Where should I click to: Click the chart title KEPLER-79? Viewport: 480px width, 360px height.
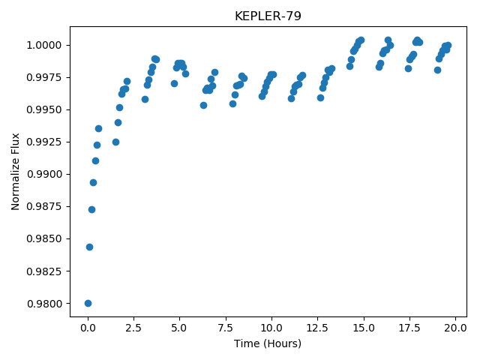point(268,16)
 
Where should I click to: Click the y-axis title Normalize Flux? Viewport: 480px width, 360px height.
point(15,172)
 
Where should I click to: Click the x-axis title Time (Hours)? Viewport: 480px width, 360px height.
point(268,343)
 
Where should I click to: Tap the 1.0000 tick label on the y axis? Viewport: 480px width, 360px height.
point(44,45)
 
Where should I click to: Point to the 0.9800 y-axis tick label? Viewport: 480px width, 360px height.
point(44,304)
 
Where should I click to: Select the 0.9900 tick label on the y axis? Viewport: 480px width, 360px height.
point(44,175)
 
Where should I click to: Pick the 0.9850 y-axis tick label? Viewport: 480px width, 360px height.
point(44,239)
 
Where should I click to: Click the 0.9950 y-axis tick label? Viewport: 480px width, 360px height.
point(44,110)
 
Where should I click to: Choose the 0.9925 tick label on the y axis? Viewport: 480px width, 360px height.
point(44,142)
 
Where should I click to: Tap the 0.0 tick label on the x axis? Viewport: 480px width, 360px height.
point(88,328)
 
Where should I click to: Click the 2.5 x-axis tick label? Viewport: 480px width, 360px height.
point(133,328)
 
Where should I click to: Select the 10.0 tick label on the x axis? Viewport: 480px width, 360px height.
point(271,328)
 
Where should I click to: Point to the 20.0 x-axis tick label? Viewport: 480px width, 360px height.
point(455,328)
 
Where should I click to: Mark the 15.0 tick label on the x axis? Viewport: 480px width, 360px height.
point(364,328)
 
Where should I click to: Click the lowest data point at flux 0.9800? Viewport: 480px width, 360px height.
point(88,303)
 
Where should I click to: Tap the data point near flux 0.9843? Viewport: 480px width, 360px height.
point(89,247)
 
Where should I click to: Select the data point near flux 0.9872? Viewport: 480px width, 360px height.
point(91,210)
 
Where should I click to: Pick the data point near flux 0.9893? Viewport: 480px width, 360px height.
point(93,183)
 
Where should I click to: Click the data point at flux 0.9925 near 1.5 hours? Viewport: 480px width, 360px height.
point(115,142)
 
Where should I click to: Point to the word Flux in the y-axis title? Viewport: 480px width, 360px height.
point(15,143)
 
